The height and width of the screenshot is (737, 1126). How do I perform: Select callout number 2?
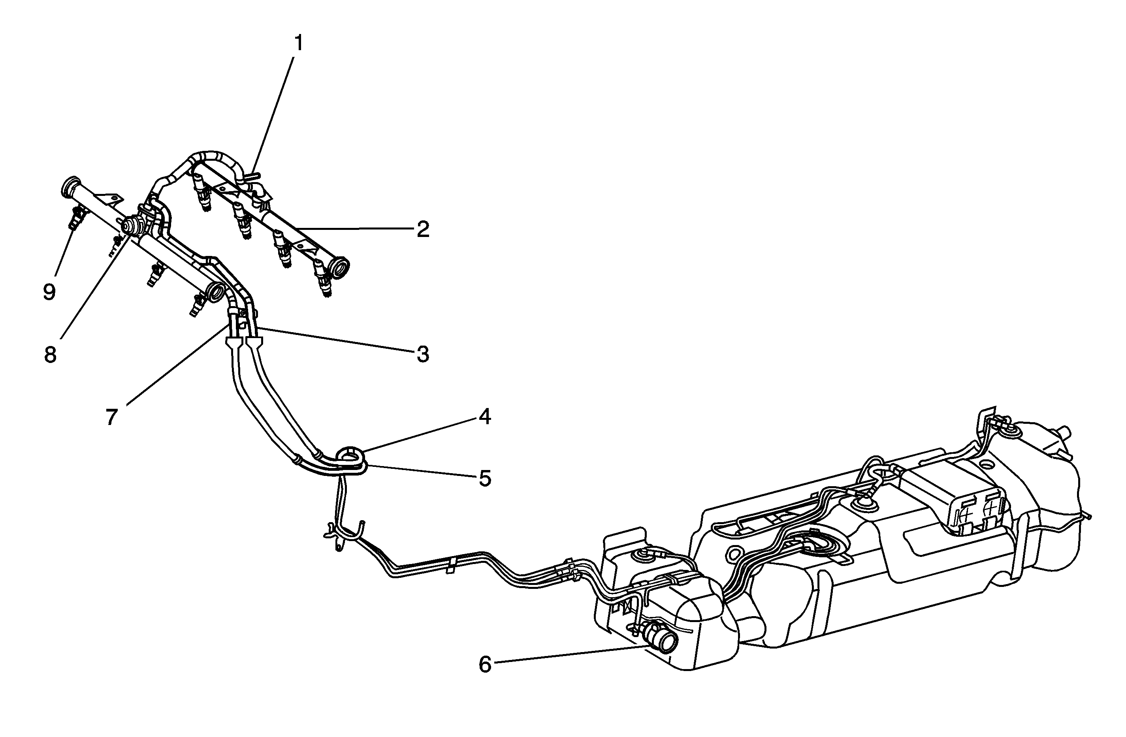point(422,229)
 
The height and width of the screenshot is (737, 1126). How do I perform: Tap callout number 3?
point(422,354)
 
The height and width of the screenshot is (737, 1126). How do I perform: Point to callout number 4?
point(484,417)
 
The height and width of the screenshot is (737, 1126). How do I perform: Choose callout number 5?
point(485,479)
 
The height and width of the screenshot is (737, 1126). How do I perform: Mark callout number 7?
point(112,417)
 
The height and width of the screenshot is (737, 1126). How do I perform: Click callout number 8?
point(50,354)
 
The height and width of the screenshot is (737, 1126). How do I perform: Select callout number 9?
point(49,292)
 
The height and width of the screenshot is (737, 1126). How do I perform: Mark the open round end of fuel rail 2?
point(340,267)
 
